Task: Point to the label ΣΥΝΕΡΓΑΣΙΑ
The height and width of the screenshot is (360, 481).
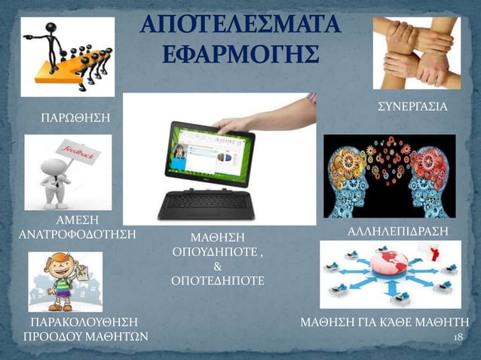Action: (412, 108)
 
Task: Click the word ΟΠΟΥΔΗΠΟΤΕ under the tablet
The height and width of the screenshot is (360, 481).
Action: (218, 252)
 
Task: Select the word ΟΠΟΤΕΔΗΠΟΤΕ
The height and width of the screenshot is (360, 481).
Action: (218, 280)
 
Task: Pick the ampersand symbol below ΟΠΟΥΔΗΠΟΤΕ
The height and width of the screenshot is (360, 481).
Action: (218, 266)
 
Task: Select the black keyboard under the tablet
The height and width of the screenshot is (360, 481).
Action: (207, 201)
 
